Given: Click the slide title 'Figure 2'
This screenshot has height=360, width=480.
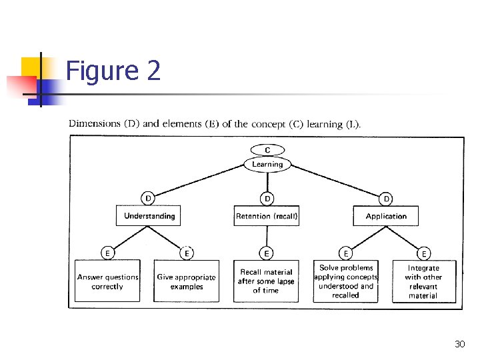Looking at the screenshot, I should coord(113,71).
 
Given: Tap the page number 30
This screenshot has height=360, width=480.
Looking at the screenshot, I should coord(459,344).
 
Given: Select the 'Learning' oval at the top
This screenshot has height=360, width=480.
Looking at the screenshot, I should coord(267,164).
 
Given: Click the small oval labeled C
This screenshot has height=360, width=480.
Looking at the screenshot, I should coord(267,150).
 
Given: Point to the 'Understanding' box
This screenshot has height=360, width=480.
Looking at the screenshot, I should coord(149,216).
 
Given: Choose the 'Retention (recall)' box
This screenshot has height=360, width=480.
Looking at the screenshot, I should coord(267,216).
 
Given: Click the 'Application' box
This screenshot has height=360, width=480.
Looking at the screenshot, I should coord(386,216).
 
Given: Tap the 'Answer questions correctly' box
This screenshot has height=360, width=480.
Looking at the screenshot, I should coord(107,281).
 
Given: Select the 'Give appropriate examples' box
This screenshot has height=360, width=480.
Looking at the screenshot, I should coord(186,281).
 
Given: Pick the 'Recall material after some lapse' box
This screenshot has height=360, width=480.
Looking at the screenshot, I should coord(266,281).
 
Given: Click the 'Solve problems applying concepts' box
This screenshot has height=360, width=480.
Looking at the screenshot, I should coord(345,281).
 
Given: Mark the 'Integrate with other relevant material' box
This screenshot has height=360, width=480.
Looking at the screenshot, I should coord(423,281).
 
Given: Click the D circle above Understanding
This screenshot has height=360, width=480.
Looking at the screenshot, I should coord(149,198).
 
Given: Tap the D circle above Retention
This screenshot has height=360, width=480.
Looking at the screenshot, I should coord(267,198).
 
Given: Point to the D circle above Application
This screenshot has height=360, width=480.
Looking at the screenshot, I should coord(386,198).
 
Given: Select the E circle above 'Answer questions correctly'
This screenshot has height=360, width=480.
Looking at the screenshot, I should coord(107,253).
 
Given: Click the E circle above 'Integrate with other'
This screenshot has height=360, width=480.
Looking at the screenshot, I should coord(424,253).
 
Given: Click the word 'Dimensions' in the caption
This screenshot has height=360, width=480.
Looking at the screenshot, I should coord(95,124).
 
